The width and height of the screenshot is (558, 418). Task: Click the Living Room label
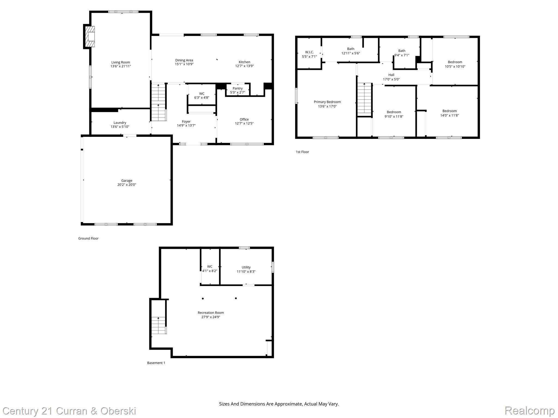pyautogui.click(x=120, y=62)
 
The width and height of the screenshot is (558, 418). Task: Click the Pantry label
pyautogui.click(x=238, y=88)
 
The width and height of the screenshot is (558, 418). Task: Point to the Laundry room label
pyautogui.click(x=120, y=123)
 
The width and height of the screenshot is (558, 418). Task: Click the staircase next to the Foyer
pyautogui.click(x=159, y=102)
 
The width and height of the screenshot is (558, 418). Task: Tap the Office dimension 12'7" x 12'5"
pyautogui.click(x=244, y=123)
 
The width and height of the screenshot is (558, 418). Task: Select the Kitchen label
pyautogui.click(x=244, y=62)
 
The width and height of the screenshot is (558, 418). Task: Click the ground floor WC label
pyautogui.click(x=202, y=94)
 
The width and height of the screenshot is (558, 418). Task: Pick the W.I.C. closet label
pyautogui.click(x=309, y=52)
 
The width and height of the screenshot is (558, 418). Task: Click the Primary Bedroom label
pyautogui.click(x=327, y=102)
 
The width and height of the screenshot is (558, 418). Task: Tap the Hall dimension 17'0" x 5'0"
pyautogui.click(x=391, y=79)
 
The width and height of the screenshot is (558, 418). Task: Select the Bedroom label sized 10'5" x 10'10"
pyautogui.click(x=455, y=62)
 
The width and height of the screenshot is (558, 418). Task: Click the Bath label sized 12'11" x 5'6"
pyautogui.click(x=351, y=49)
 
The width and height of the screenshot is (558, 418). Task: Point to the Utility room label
pyautogui.click(x=246, y=267)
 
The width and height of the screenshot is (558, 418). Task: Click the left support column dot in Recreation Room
pyautogui.click(x=203, y=299)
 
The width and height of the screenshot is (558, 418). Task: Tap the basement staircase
pyautogui.click(x=159, y=325)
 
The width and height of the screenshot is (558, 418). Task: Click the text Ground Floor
pyautogui.click(x=88, y=238)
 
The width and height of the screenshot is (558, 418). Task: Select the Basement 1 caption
pyautogui.click(x=156, y=363)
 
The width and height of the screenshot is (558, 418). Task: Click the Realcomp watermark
pyautogui.click(x=529, y=411)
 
